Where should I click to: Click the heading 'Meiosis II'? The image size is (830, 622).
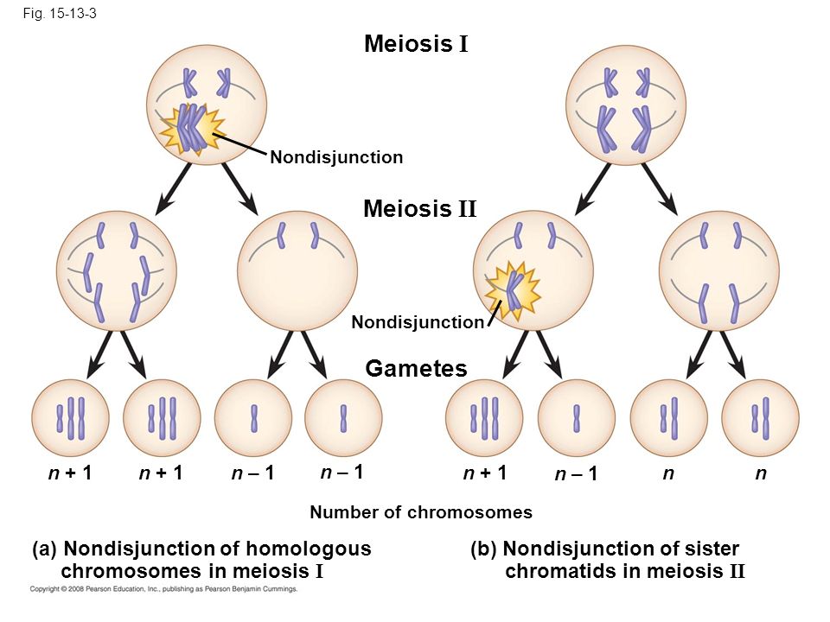[420, 208]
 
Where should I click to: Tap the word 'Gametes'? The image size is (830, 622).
[416, 369]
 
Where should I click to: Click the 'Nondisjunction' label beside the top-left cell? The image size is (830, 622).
[336, 157]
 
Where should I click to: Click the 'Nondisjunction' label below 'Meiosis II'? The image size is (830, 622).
[418, 322]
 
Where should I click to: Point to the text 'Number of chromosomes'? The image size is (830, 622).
[421, 512]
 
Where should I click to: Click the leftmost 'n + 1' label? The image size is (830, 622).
[69, 473]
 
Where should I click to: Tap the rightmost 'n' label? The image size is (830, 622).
[760, 473]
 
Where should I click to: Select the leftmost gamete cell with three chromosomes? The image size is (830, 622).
[70, 418]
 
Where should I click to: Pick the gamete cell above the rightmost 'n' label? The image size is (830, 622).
[760, 418]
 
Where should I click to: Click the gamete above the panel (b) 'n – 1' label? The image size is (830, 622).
[577, 418]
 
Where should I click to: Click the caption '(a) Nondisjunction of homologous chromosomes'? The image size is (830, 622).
[201, 559]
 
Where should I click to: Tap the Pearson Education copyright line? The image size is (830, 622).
[164, 589]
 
